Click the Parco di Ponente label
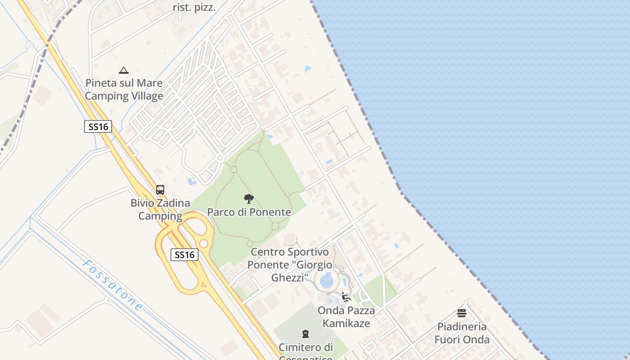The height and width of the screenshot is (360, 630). click(x=249, y=212)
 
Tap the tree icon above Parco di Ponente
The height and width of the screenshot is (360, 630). click(x=248, y=199)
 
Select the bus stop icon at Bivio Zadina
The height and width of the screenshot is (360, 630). click(x=160, y=190)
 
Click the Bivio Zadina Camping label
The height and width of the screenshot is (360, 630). click(x=160, y=210)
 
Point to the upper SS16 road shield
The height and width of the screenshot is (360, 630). click(x=98, y=126)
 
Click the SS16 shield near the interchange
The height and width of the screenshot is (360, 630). click(x=184, y=255)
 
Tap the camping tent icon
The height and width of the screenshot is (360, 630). click(x=124, y=70)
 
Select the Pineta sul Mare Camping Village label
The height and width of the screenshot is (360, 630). click(x=124, y=90)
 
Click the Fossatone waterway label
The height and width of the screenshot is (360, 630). click(x=112, y=285)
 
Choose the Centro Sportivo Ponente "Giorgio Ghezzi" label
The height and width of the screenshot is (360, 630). click(x=290, y=265)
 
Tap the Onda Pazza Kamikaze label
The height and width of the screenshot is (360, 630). click(x=346, y=317)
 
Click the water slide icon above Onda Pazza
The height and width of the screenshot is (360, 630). click(x=346, y=297)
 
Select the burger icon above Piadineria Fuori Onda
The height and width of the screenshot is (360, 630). click(x=462, y=313)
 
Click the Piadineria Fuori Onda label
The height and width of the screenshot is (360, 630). click(x=462, y=333)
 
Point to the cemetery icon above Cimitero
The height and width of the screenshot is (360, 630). click(x=306, y=334)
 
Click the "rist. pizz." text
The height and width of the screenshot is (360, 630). click(x=194, y=8)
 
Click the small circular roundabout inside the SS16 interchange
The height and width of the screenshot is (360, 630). click(x=204, y=243)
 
